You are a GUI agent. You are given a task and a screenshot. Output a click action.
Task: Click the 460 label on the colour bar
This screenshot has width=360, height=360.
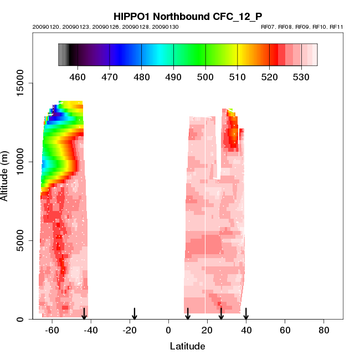(x=78, y=77)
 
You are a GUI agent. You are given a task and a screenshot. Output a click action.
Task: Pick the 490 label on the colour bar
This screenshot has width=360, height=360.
(x=174, y=77)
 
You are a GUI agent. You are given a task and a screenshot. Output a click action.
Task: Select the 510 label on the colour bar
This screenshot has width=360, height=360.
(x=238, y=77)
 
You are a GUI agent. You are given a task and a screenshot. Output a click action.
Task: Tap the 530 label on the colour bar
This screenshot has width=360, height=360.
(x=301, y=77)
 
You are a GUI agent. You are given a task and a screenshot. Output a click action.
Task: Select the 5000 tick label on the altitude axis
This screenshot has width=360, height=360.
(x=20, y=240)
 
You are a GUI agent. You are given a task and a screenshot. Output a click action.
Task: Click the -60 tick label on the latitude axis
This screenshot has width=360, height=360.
(x=52, y=331)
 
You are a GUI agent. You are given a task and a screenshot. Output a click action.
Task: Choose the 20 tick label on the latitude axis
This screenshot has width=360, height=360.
(x=207, y=331)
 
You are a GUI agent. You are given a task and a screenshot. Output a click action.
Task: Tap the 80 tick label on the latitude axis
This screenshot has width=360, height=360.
(x=323, y=331)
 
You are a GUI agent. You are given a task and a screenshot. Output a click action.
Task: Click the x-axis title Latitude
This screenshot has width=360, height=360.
(x=187, y=347)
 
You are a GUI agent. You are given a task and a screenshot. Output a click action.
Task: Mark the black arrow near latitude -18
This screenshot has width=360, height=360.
(x=134, y=313)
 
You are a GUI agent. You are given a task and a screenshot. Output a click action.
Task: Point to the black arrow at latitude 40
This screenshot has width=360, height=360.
(x=246, y=313)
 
